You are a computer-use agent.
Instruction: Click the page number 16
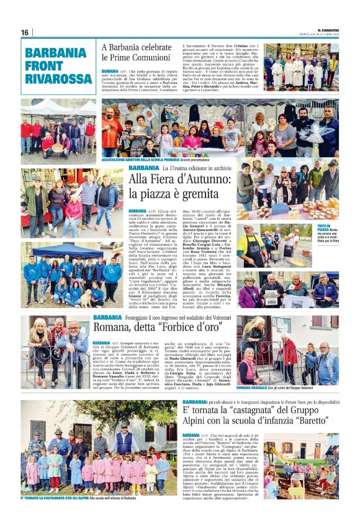(x=25, y=32)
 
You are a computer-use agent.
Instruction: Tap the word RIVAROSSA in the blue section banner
(x=56, y=79)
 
